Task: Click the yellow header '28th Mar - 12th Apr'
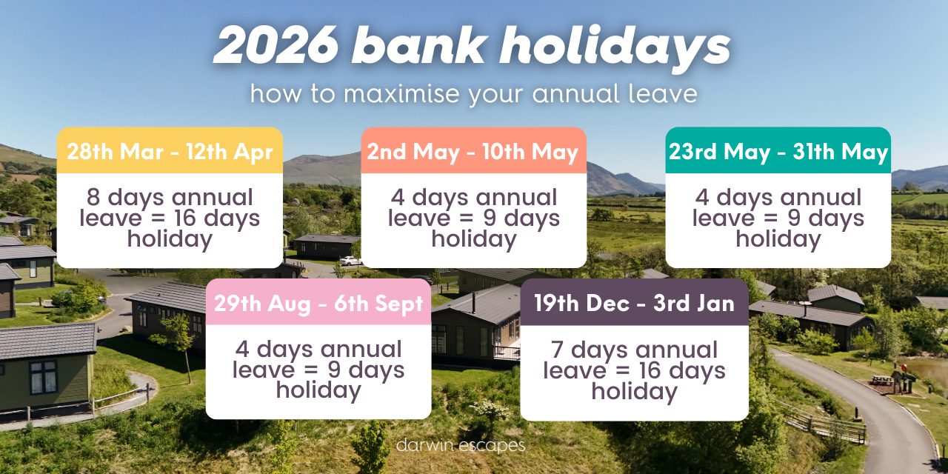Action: tap(170, 152)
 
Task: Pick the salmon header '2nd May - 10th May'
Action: tap(473, 152)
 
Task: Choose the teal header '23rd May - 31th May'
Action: tap(778, 152)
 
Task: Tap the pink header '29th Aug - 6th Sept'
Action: tap(318, 303)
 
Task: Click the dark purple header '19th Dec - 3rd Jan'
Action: tap(634, 303)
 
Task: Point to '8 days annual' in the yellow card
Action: tap(170, 198)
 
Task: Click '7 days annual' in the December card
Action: tap(634, 350)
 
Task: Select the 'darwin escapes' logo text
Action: tap(461, 445)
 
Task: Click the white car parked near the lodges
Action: tap(350, 261)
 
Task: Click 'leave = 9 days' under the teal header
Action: tap(778, 218)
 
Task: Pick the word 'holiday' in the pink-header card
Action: tap(318, 390)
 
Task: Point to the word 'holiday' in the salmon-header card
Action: tap(473, 239)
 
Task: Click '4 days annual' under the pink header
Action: tap(318, 349)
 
